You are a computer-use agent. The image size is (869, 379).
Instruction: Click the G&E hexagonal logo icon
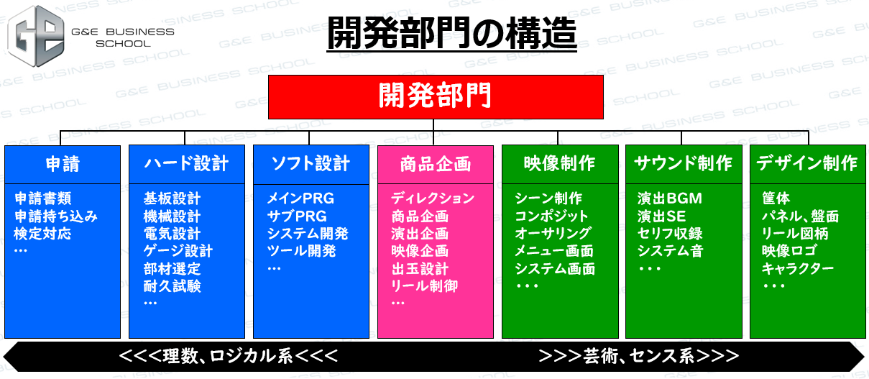(36, 36)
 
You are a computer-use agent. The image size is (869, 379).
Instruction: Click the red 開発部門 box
(436, 97)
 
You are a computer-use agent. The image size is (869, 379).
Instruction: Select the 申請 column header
(63, 164)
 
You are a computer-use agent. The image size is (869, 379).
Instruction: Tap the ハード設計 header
(187, 164)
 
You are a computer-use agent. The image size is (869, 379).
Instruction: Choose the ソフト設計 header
(311, 164)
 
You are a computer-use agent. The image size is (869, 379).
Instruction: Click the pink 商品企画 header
(436, 164)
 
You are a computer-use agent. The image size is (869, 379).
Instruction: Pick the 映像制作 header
(560, 164)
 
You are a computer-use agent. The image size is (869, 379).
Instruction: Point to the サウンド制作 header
(684, 164)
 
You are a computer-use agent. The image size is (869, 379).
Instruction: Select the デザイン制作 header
(808, 164)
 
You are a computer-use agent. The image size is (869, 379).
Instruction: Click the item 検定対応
(42, 234)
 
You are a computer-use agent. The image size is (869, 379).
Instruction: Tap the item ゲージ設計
(178, 251)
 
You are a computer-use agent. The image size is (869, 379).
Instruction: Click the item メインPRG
(300, 198)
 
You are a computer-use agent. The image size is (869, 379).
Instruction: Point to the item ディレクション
(433, 198)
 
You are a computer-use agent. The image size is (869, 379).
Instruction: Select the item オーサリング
(553, 234)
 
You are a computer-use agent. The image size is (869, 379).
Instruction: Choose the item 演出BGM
(670, 198)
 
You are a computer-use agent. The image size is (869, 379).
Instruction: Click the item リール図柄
(795, 234)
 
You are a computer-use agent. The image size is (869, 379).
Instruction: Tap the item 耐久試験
(173, 286)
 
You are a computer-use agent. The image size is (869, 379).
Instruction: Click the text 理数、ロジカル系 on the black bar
(228, 356)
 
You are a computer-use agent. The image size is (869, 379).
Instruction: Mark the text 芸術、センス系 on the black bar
(639, 356)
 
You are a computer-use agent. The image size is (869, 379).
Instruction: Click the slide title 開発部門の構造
(452, 33)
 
